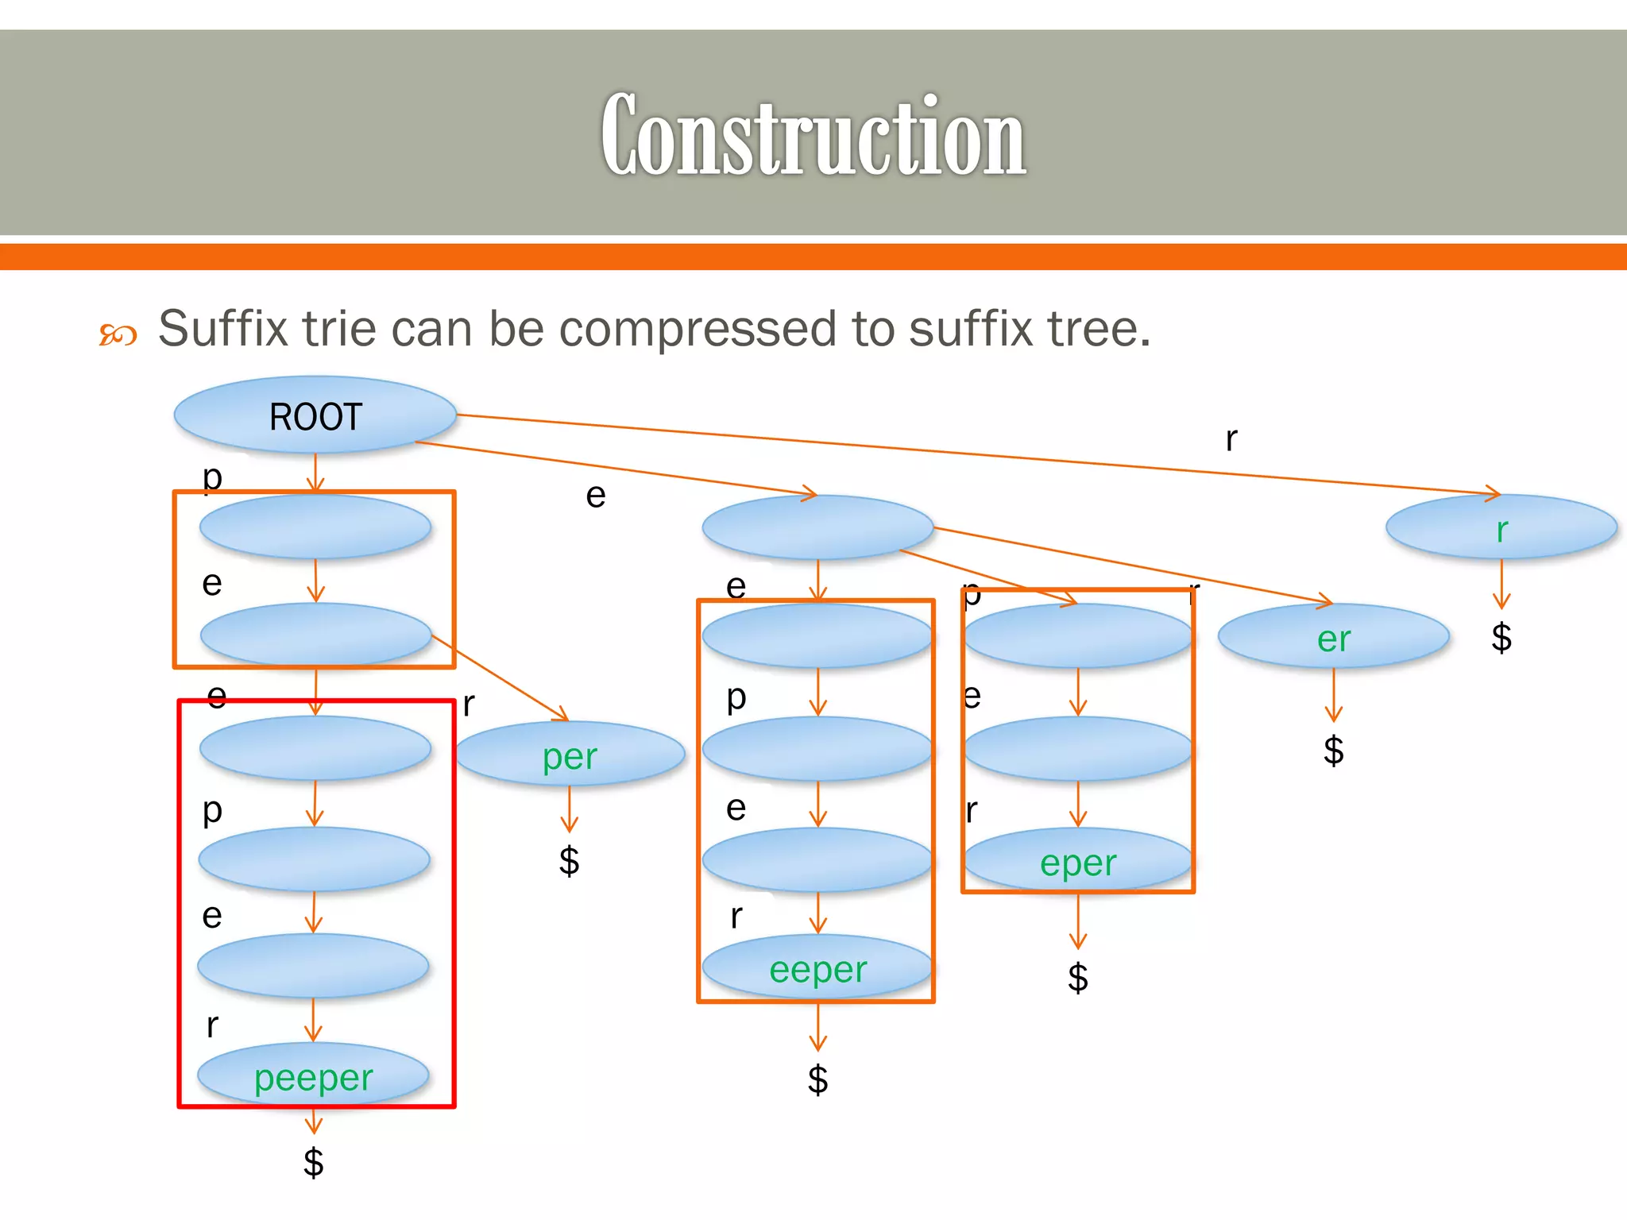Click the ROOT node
point(315,415)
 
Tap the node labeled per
point(570,755)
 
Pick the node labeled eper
point(1078,863)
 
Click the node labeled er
point(1333,638)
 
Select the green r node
point(1501,529)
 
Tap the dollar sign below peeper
point(314,1162)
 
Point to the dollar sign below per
point(569,860)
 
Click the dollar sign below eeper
point(817,1079)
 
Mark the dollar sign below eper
point(1077,977)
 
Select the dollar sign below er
point(1333,750)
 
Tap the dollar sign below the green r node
point(1501,637)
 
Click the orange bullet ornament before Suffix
point(118,334)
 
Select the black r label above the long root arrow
point(1231,438)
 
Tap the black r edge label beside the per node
point(469,704)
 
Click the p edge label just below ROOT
point(212,477)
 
